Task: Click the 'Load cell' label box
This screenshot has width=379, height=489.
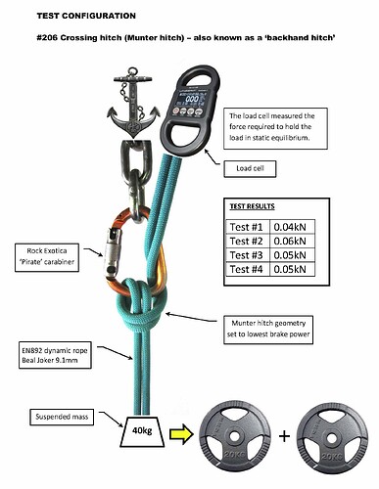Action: [247, 168]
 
